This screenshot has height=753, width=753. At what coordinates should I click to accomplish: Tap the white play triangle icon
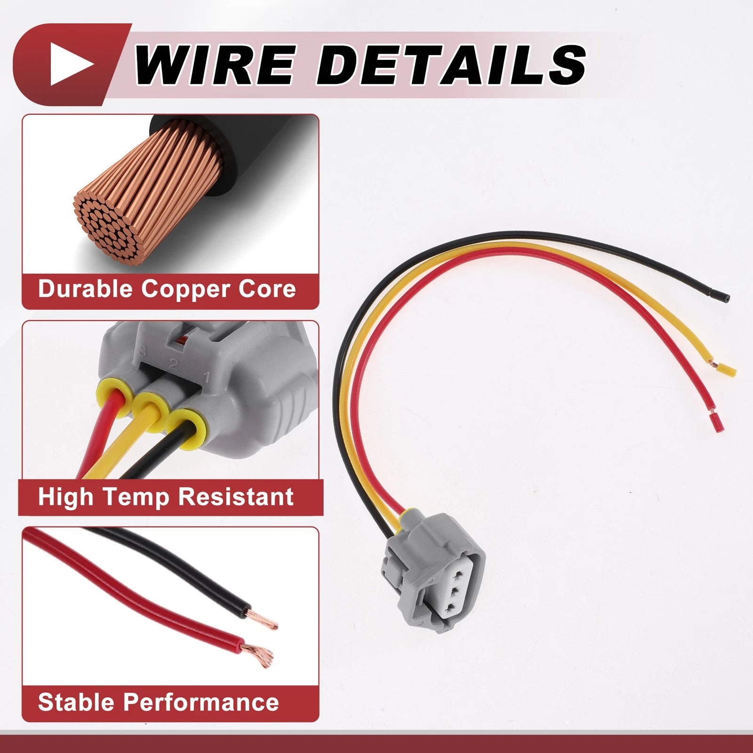click(x=72, y=64)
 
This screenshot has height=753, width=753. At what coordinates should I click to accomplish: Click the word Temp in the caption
click(x=136, y=497)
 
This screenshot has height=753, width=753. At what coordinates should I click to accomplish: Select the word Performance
click(x=201, y=702)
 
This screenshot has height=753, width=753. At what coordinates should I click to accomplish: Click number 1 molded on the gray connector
click(x=206, y=376)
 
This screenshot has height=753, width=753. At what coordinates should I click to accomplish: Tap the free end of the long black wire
click(x=727, y=298)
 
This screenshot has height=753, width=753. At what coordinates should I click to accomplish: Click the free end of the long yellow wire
click(x=730, y=370)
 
